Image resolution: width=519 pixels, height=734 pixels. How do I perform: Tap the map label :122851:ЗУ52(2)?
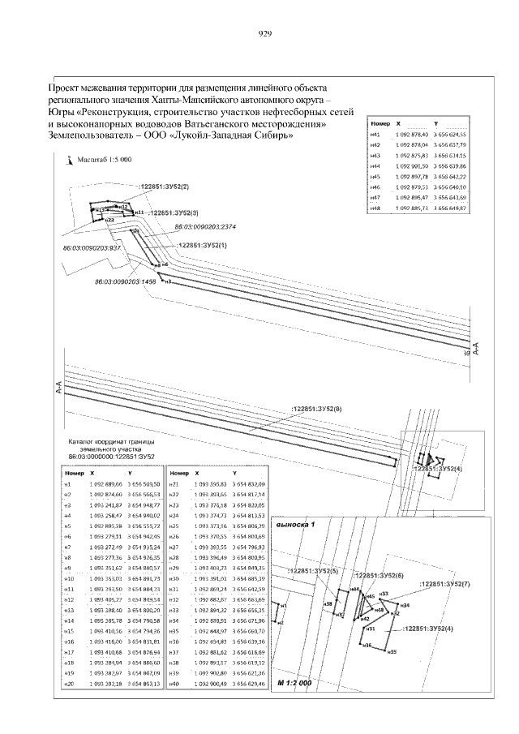pos(164,187)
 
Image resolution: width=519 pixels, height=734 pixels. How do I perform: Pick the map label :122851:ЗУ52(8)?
pos(317,409)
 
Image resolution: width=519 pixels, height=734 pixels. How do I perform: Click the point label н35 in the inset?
pos(391,650)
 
